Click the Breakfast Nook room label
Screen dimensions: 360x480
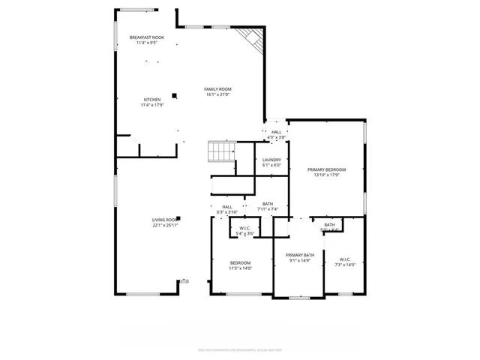[x=146, y=37]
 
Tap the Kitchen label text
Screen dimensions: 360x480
[x=152, y=99]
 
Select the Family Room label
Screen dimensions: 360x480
[x=217, y=89]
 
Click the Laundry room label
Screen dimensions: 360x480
[x=271, y=160]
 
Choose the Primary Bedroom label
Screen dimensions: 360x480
[x=326, y=169]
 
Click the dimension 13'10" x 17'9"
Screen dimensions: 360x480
[x=326, y=175]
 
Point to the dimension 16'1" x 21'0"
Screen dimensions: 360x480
[x=217, y=95]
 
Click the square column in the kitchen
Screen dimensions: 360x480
[x=175, y=95]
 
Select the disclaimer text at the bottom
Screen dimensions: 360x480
[x=240, y=349]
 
